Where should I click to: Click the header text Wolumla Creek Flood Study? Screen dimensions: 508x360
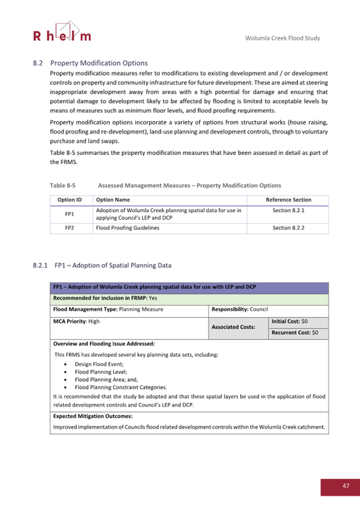coord(282,38)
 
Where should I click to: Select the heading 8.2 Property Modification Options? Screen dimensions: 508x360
coord(90,63)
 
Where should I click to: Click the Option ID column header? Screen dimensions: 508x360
coord(69,200)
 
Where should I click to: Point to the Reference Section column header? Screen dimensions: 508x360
coord(288,200)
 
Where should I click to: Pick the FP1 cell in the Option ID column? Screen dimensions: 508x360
coord(69,214)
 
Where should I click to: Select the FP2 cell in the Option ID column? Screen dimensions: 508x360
coord(69,228)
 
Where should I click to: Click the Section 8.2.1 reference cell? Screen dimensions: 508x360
coord(288,211)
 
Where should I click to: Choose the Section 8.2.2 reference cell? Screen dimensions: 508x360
coord(288,228)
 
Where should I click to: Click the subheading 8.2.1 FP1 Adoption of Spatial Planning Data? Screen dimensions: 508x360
coord(102,265)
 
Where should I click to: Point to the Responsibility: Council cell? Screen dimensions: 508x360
coord(239,309)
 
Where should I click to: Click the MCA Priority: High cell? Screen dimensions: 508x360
coord(77,321)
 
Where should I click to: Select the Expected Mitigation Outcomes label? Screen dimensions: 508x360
coord(93,416)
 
